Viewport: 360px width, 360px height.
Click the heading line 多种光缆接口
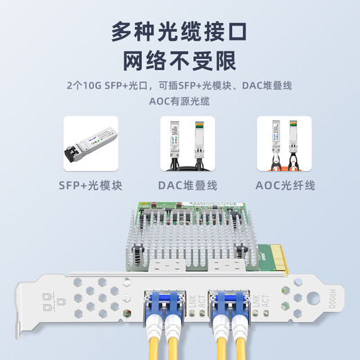tap(179, 33)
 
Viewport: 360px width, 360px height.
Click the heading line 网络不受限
tap(179, 62)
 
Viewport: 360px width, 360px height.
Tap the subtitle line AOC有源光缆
tap(179, 101)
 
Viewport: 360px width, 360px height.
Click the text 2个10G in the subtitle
tap(81, 86)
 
